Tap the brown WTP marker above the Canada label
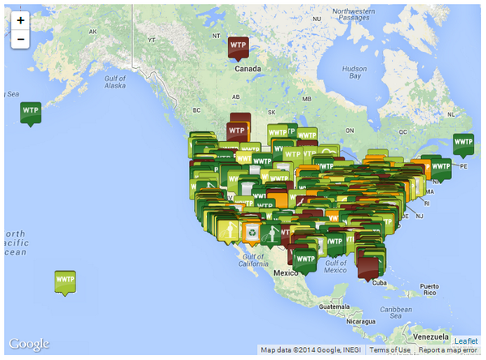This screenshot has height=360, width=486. (x=238, y=46)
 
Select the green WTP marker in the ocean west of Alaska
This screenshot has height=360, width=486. (x=31, y=111)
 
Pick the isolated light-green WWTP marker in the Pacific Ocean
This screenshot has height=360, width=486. (x=65, y=281)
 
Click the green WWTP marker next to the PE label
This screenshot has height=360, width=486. (x=463, y=144)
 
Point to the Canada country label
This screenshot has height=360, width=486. (x=247, y=69)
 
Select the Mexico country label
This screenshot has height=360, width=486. (x=286, y=272)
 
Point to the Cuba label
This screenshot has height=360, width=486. (x=376, y=283)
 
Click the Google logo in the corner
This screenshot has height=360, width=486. (x=29, y=345)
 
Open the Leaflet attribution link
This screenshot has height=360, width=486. (x=466, y=341)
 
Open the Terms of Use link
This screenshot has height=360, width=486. (x=389, y=350)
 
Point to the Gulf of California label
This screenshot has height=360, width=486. (x=253, y=260)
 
